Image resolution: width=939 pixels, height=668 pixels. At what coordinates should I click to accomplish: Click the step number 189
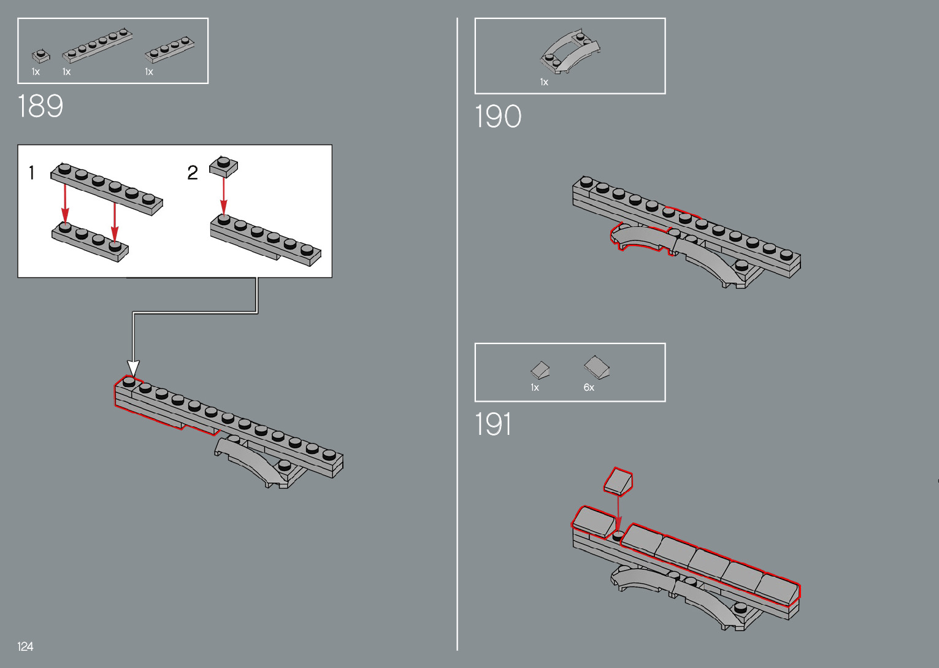tap(40, 106)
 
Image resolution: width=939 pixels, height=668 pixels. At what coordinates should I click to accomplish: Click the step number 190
tap(498, 117)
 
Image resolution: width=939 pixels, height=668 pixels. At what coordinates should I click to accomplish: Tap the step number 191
tap(493, 424)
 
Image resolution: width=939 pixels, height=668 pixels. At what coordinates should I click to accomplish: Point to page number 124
tap(25, 647)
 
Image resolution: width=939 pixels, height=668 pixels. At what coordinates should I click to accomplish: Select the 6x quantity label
tap(589, 388)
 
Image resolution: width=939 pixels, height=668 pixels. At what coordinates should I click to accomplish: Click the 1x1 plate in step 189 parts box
tap(40, 56)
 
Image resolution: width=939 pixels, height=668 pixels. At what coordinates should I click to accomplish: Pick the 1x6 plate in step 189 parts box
tap(98, 45)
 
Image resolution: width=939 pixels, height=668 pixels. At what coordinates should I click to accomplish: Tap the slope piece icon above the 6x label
tap(596, 367)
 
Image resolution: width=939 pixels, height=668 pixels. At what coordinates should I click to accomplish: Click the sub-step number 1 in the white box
tap(32, 173)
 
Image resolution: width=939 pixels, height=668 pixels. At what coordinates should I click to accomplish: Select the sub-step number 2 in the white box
tap(193, 173)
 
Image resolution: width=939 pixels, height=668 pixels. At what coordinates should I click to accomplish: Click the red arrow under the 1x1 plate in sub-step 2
tap(224, 196)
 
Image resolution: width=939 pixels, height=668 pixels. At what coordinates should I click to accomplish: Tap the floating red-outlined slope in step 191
tap(618, 482)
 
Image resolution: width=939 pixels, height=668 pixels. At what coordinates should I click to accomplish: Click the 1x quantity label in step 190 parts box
tap(544, 82)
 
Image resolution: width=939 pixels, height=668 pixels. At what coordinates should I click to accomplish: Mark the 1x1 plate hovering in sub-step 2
tap(224, 166)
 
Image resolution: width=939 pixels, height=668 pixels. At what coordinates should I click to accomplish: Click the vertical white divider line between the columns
tap(458, 334)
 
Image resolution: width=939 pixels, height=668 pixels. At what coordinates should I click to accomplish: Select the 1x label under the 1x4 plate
tap(149, 72)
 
